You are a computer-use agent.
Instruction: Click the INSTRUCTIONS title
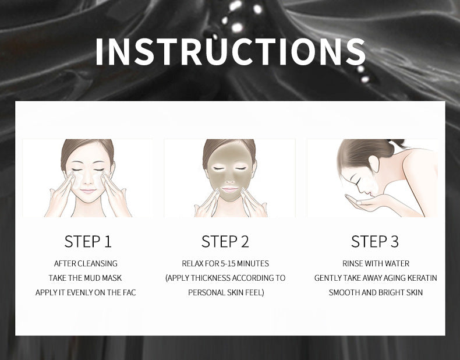point(230,52)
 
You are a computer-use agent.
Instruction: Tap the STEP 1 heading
point(87,241)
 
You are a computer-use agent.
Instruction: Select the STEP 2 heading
point(225,241)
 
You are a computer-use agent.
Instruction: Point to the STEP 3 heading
point(374,241)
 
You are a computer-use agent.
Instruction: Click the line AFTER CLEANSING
point(86,263)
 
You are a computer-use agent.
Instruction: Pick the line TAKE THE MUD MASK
point(86,278)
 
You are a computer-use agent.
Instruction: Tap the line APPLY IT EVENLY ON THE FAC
point(86,292)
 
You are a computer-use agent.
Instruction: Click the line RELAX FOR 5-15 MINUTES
point(225,263)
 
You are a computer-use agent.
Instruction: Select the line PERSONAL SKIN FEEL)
point(226,292)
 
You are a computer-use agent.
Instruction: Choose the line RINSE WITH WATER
point(376,263)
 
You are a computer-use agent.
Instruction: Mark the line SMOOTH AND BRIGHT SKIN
point(376,292)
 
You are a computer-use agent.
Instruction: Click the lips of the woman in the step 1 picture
point(87,190)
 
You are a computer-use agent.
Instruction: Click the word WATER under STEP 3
point(397,263)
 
